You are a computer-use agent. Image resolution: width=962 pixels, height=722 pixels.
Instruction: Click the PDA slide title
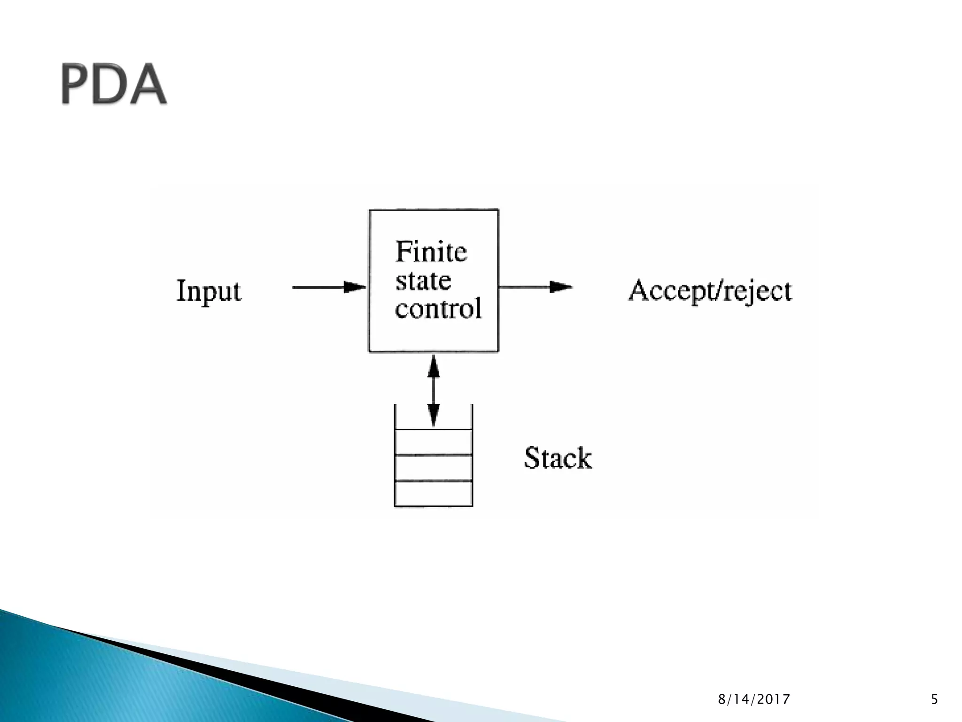point(114,85)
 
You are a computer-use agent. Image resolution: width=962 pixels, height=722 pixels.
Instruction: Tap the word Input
point(209,291)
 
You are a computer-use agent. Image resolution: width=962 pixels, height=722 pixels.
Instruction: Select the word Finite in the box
point(431,252)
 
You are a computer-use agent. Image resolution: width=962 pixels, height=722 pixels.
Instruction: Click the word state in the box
point(423,281)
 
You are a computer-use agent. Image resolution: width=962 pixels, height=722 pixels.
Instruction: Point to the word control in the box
point(438,308)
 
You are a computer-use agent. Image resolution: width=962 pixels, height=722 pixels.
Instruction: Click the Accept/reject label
point(710,291)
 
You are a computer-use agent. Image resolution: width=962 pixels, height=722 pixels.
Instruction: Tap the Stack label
point(558,458)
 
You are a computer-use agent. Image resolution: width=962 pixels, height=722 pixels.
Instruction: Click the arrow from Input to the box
point(329,287)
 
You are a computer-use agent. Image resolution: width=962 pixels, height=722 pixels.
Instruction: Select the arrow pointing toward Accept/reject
point(535,286)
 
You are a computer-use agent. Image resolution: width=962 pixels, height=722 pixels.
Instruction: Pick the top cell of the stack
point(434,442)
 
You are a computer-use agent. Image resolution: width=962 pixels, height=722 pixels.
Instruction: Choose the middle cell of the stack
point(434,468)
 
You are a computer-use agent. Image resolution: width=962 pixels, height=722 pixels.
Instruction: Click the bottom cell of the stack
point(434,494)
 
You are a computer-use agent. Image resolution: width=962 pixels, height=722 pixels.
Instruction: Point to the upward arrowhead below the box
point(434,367)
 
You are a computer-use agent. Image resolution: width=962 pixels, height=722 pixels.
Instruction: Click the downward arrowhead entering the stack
point(434,416)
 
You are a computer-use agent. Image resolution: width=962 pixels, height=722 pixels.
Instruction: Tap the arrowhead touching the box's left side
point(355,287)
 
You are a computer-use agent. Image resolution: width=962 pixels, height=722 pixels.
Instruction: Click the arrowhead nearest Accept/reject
point(561,286)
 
